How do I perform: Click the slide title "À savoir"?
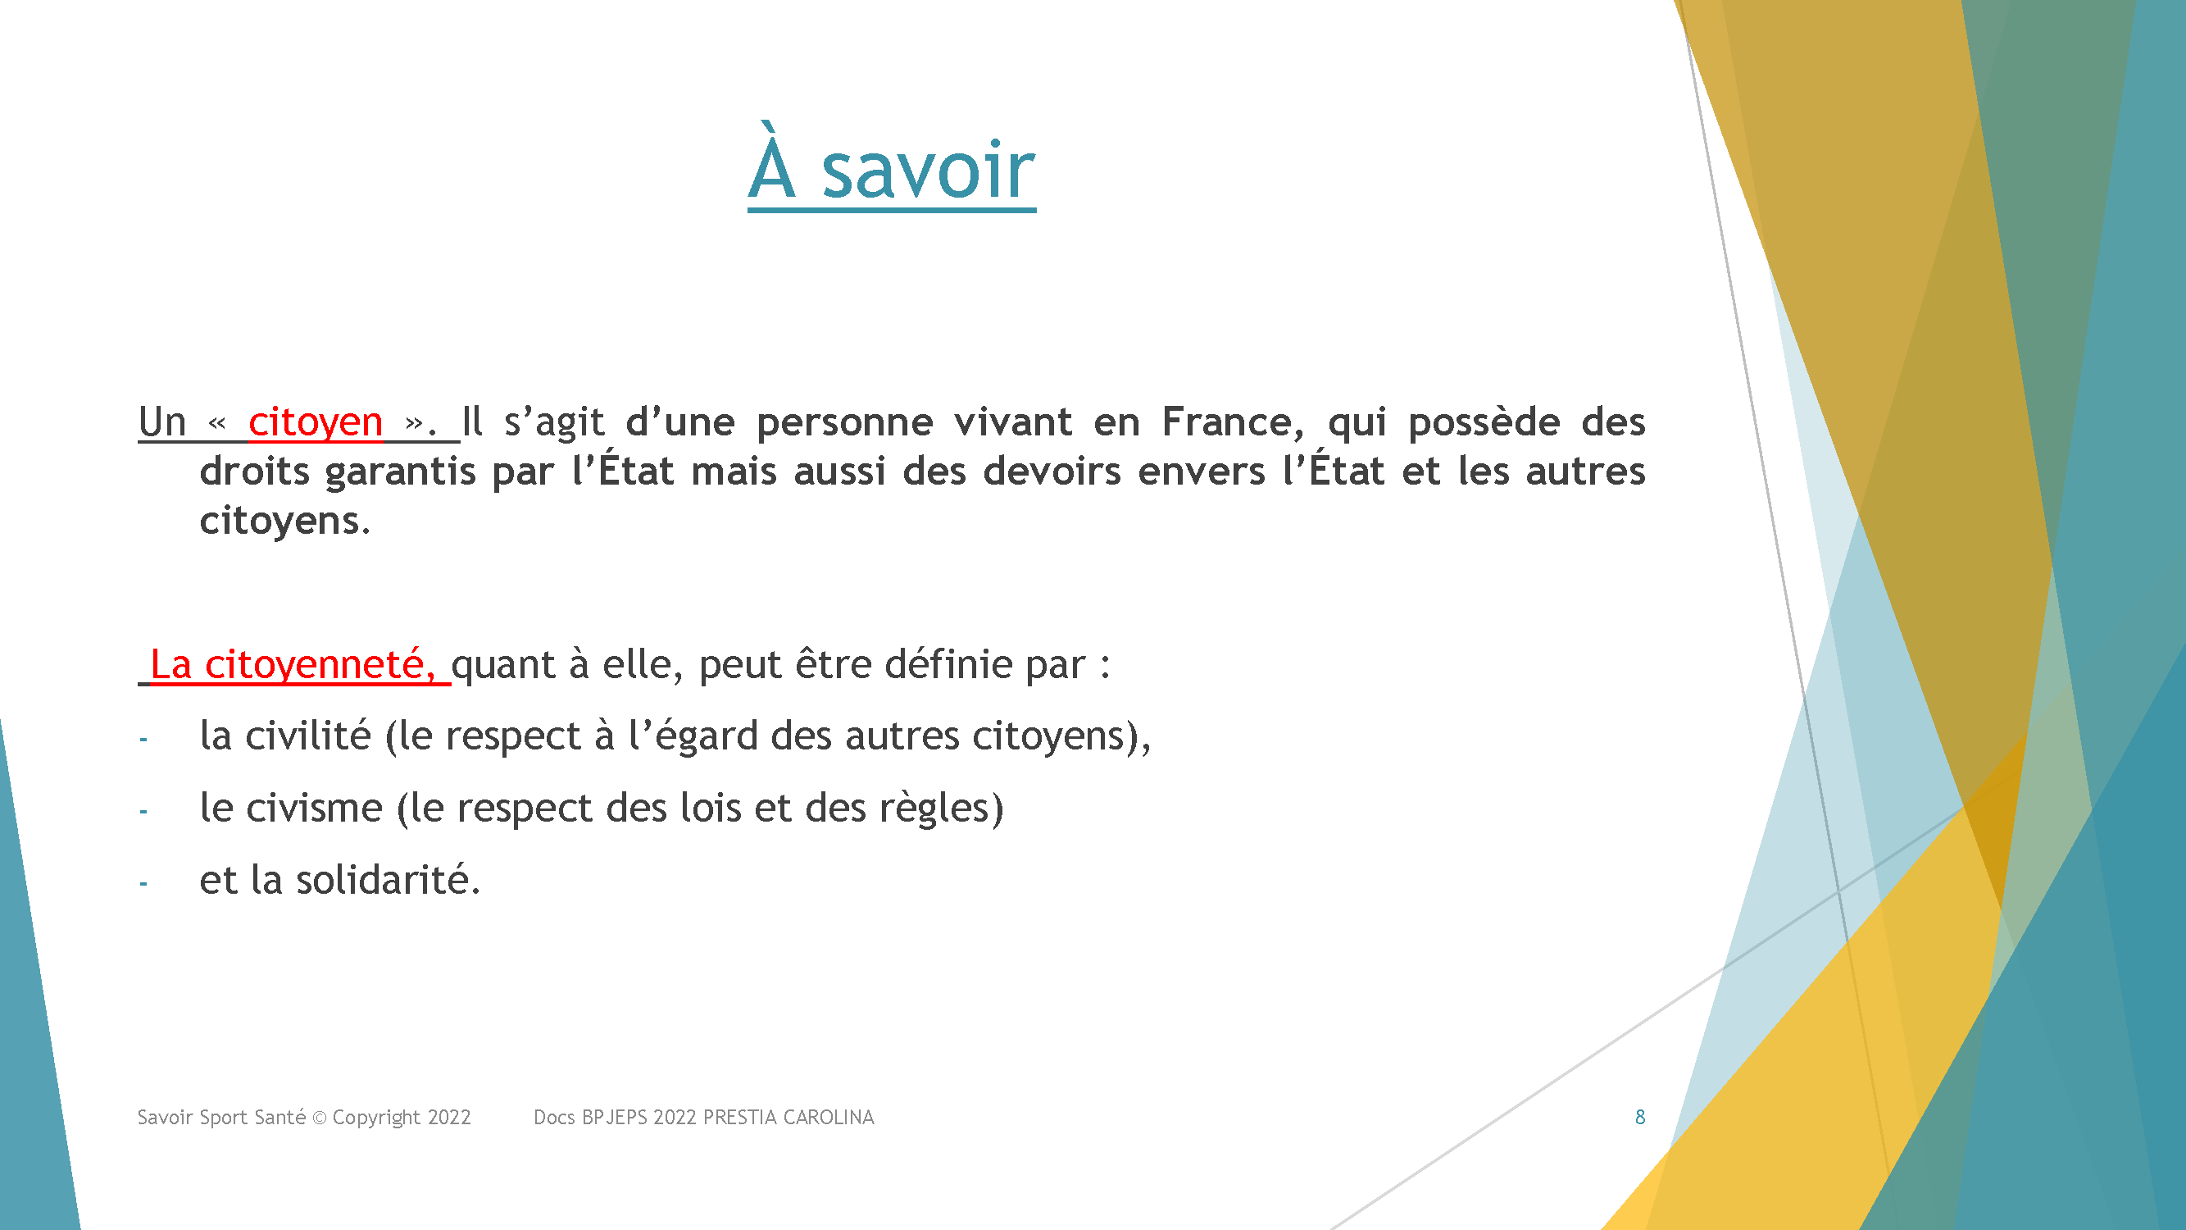pos(891,166)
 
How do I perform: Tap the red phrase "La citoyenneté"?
pos(292,665)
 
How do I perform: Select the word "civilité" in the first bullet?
pos(308,735)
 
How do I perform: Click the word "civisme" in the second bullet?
pos(314,807)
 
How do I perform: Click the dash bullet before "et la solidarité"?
pos(143,885)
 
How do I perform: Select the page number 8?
pos(1640,1117)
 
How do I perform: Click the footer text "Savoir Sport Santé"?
pos(221,1117)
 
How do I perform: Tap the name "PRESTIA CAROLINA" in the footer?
pos(789,1117)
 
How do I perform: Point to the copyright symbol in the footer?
pos(320,1118)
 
